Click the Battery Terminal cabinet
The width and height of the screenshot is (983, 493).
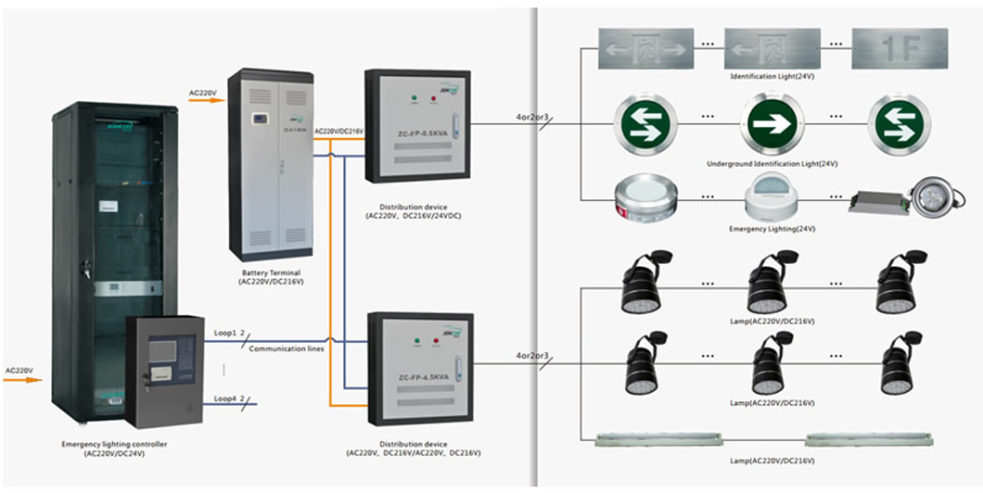point(270,164)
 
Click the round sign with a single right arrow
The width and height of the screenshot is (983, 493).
point(772,126)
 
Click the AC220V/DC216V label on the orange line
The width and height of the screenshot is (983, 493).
point(338,133)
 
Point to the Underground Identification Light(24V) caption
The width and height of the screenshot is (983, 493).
point(772,163)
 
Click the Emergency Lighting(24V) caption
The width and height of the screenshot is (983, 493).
point(772,227)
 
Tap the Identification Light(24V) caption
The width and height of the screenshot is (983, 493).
point(772,76)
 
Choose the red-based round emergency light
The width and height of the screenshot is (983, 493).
point(645,199)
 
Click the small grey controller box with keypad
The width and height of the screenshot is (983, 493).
point(164,371)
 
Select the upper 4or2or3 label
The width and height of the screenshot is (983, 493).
point(532,118)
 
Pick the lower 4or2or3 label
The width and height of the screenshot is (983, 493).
point(532,356)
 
